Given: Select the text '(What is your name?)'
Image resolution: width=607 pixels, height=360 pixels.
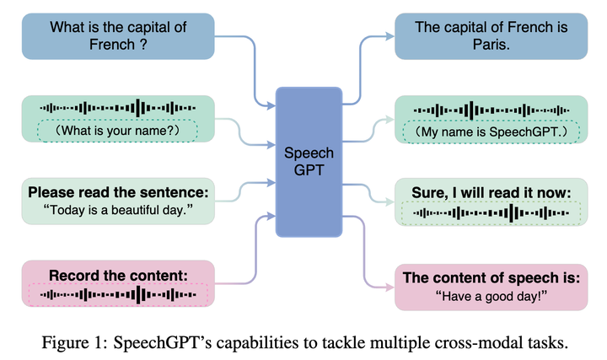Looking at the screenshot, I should tap(117, 131).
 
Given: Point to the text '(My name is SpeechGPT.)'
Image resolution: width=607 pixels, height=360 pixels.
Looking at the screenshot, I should tap(493, 132).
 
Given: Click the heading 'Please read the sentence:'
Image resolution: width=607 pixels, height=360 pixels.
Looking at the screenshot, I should tap(118, 191).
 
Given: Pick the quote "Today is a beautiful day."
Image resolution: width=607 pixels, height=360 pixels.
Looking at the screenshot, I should tap(118, 208).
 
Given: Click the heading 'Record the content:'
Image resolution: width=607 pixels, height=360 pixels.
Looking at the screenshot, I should tap(118, 275).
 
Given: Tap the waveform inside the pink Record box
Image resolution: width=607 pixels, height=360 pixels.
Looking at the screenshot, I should tap(118, 294).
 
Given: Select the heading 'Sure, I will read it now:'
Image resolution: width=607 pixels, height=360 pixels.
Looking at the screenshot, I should tap(493, 191).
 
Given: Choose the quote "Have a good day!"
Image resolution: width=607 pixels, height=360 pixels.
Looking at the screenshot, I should tap(493, 295).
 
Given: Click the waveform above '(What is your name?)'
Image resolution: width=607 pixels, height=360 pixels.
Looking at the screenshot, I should tap(117, 109).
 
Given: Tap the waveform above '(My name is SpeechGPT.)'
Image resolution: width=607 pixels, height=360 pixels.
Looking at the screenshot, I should tap(493, 110).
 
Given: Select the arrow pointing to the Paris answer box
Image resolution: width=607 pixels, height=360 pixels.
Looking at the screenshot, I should tap(375, 36).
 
